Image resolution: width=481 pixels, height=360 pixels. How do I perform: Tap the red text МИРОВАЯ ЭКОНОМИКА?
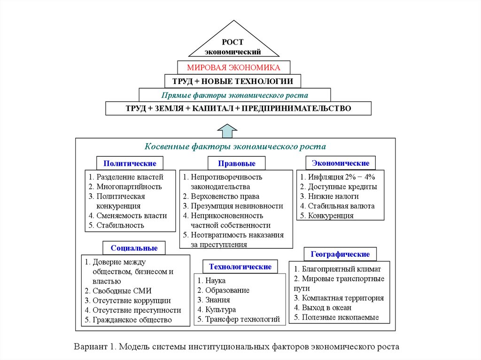[233, 68]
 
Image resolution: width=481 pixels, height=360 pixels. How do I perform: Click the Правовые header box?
[236, 164]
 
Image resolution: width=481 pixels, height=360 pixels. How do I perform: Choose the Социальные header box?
[134, 248]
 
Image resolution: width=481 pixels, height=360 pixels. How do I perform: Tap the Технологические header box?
[240, 267]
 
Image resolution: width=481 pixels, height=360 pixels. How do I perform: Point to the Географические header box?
[340, 254]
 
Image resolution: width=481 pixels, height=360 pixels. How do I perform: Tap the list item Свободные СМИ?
[122, 291]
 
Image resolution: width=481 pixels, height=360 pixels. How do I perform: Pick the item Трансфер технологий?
[242, 319]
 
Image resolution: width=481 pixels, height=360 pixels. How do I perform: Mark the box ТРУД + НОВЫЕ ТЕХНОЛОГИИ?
[233, 81]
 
